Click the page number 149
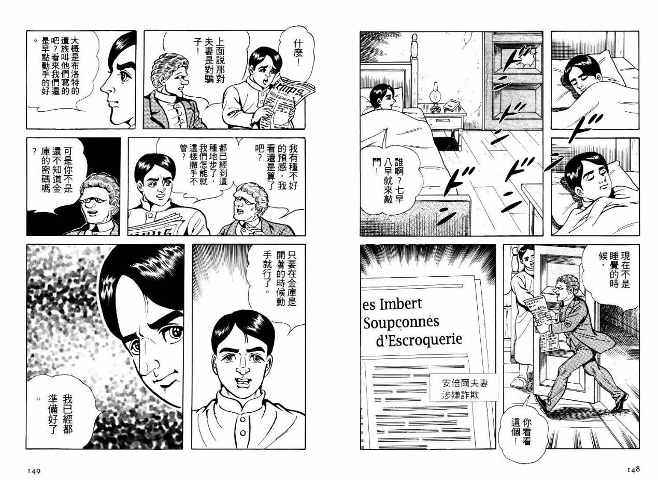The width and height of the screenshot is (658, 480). click(34, 471)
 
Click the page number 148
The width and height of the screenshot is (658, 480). click(634, 470)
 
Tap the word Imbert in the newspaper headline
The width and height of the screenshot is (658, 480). click(400, 304)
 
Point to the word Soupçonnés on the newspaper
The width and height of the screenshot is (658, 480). click(401, 322)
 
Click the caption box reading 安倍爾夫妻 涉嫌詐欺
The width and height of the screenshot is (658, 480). click(464, 387)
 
